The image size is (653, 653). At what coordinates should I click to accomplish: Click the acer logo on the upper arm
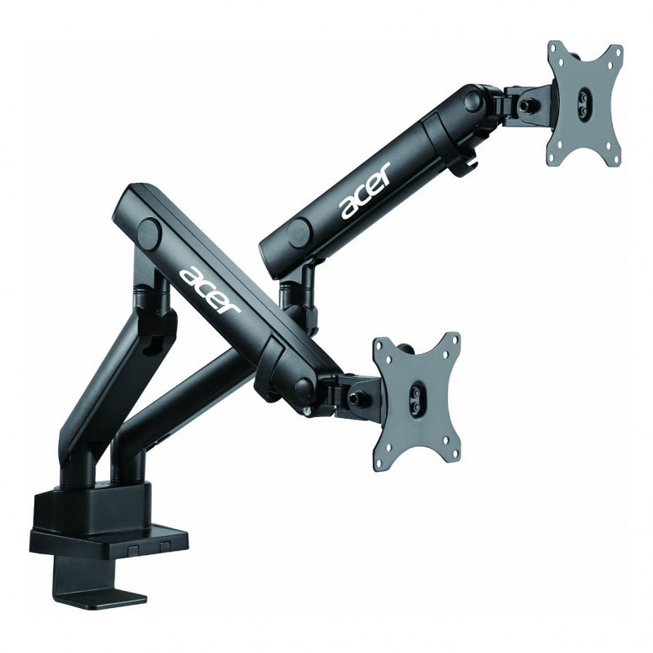(x=366, y=190)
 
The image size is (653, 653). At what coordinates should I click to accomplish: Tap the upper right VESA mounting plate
(x=584, y=104)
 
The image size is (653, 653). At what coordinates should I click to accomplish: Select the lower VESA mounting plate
(x=417, y=402)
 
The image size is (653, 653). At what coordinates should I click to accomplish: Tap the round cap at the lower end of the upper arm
(x=299, y=231)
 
